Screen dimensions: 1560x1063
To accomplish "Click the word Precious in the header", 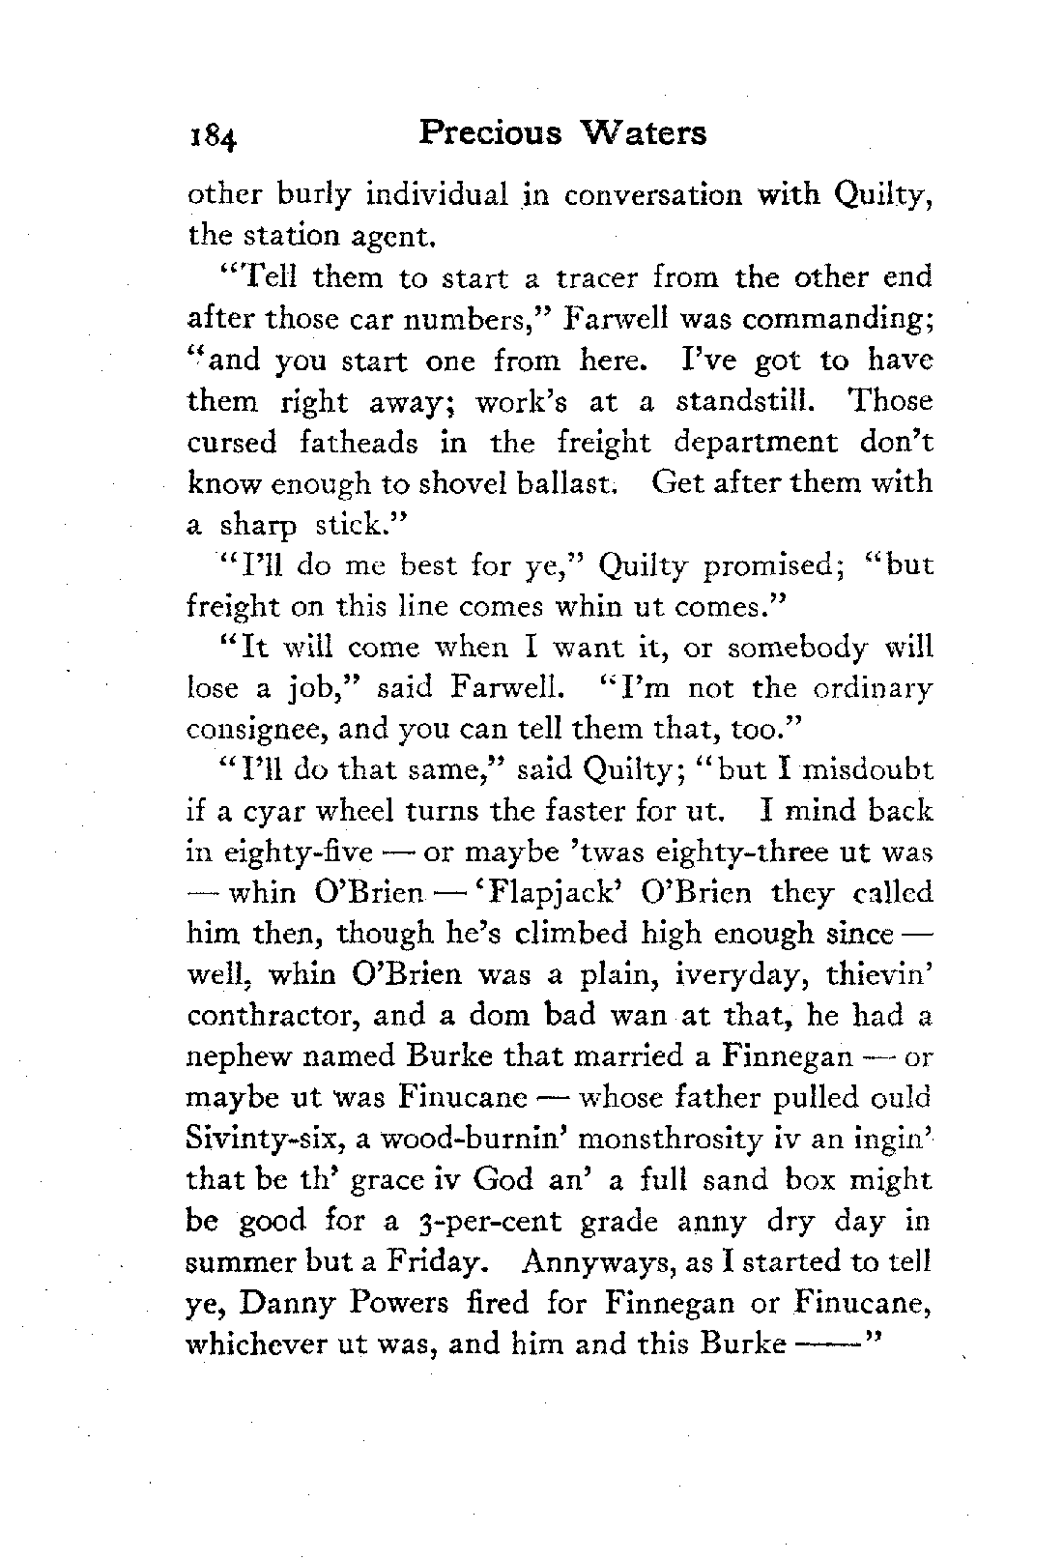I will click(x=490, y=132).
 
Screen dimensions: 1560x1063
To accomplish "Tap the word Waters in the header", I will click(x=646, y=132).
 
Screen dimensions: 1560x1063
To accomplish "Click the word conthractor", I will click(x=271, y=1017).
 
